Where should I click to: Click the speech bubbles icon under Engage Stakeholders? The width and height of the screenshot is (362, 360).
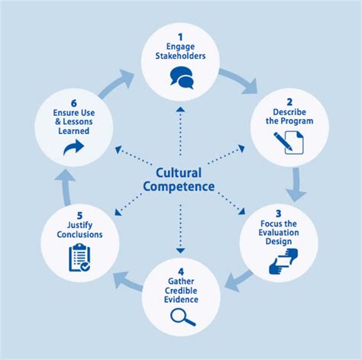[181, 77]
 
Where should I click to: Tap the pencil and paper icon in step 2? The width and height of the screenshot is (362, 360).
[288, 142]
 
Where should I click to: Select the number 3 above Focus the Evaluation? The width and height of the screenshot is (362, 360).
[279, 213]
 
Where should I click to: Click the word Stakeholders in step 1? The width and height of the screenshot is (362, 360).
[181, 56]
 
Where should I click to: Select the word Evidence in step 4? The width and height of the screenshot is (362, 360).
[181, 300]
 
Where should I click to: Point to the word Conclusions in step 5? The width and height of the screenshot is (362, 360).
[79, 235]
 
